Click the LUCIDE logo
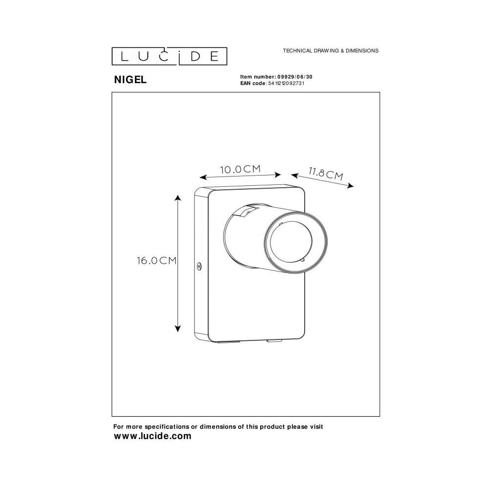coord(169,56)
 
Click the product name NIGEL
coord(131,80)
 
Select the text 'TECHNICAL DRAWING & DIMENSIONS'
coord(331,50)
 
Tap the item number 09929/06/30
coord(294,77)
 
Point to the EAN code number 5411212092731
coord(286,83)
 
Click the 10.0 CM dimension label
coord(240,169)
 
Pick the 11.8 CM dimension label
coord(326,174)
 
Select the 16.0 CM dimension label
coord(156,261)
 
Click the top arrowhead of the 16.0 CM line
coord(178,198)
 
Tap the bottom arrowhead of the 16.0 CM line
coord(178,329)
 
